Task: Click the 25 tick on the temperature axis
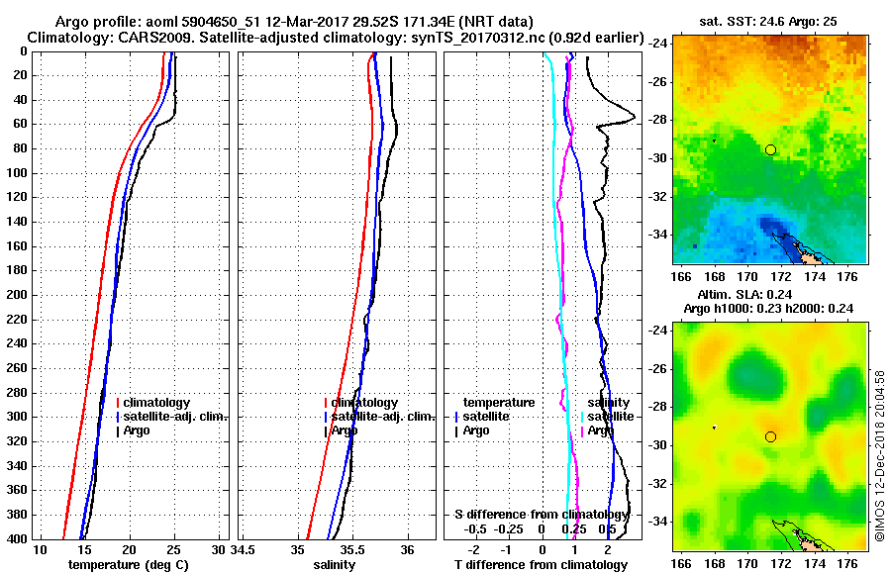tap(173, 550)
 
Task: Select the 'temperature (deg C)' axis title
tap(128, 564)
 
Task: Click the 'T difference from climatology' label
tap(541, 564)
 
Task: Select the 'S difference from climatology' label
tap(542, 515)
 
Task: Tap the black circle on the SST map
tap(770, 149)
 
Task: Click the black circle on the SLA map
tap(770, 436)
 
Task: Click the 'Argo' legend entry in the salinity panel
tap(345, 430)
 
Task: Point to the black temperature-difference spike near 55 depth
tap(631, 118)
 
